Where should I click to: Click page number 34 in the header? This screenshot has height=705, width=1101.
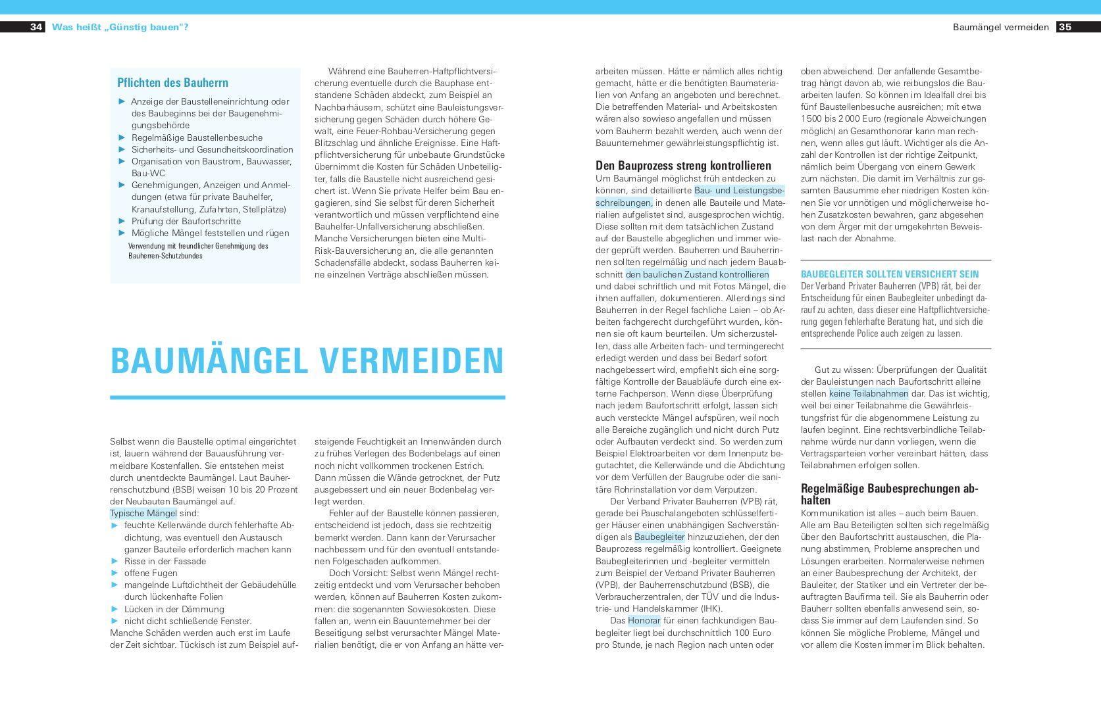point(36,27)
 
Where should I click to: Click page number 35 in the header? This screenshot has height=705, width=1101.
point(1065,27)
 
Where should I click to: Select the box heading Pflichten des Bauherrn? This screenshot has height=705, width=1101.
point(172,83)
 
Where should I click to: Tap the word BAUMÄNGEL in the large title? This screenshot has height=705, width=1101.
point(209,361)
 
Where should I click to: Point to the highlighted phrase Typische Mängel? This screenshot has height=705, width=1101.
point(143,513)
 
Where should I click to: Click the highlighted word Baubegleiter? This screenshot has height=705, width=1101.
point(659,537)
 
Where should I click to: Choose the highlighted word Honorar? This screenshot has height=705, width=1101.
point(644,620)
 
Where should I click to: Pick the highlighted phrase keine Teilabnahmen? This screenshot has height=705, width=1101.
point(869,393)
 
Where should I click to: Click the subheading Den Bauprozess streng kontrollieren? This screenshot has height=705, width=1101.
point(683,166)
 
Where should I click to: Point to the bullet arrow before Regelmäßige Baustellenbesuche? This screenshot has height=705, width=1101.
point(122,137)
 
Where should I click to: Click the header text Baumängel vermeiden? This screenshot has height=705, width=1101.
point(1000,27)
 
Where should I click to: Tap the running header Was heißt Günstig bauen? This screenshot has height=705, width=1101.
point(120,27)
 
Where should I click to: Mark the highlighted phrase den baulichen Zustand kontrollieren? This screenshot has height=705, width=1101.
point(697,274)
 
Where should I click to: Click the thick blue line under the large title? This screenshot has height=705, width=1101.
point(307,397)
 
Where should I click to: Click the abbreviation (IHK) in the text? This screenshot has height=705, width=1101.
point(711,608)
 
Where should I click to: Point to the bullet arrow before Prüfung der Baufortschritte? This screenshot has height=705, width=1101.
point(122,221)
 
